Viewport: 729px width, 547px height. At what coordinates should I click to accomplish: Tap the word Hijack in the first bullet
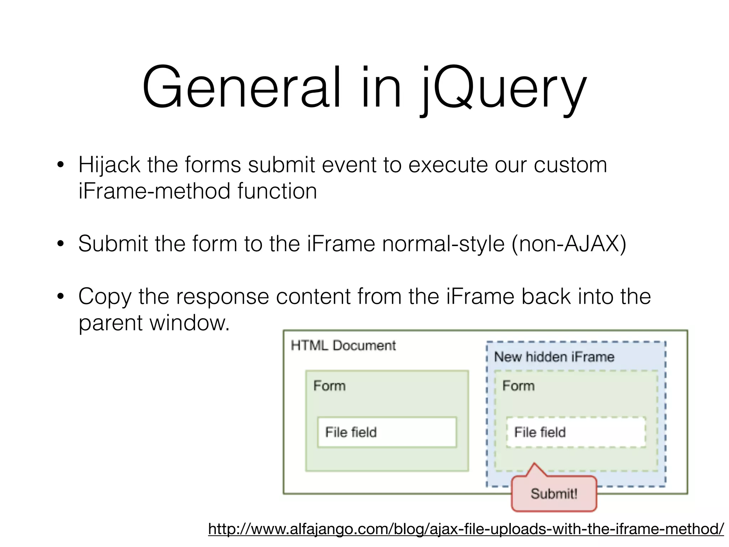(x=109, y=165)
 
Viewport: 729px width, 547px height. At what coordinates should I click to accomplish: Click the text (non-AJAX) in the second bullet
(x=568, y=244)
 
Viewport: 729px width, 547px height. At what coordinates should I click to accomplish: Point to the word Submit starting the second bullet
(x=113, y=244)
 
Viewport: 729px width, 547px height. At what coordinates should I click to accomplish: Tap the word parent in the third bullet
(x=110, y=323)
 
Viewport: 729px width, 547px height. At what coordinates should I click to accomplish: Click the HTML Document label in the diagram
(x=343, y=345)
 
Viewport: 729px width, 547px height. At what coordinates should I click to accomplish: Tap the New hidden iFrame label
(x=554, y=357)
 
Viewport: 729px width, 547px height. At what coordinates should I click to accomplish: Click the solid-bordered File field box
(x=387, y=432)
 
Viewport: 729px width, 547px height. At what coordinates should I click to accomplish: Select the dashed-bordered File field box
(x=576, y=432)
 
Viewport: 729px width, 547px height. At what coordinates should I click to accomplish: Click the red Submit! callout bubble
(x=554, y=494)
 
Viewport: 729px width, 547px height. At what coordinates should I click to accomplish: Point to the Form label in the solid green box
(x=329, y=386)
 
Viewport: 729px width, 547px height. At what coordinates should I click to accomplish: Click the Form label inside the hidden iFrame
(x=518, y=386)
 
